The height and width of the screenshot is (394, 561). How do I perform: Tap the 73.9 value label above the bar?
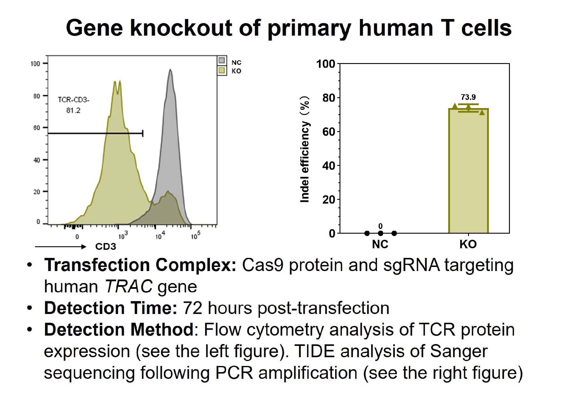click(468, 97)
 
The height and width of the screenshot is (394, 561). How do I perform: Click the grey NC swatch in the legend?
click(222, 61)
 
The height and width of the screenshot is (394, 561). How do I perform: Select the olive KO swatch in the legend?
click(222, 70)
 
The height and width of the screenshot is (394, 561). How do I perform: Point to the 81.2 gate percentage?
click(73, 110)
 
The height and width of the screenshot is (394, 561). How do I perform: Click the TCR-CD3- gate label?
click(73, 100)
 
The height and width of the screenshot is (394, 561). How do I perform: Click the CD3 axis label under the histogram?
click(105, 247)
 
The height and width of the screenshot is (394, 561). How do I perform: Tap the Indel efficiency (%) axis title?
click(305, 149)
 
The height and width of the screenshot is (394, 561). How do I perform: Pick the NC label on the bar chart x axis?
click(380, 244)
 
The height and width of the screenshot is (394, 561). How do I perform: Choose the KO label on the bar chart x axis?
click(468, 244)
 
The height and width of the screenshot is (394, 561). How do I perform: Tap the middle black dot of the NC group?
click(380, 233)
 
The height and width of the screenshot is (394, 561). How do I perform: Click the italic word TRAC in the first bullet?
click(129, 286)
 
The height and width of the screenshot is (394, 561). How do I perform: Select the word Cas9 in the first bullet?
click(262, 265)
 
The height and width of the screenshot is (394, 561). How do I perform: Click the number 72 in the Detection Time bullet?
click(192, 308)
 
